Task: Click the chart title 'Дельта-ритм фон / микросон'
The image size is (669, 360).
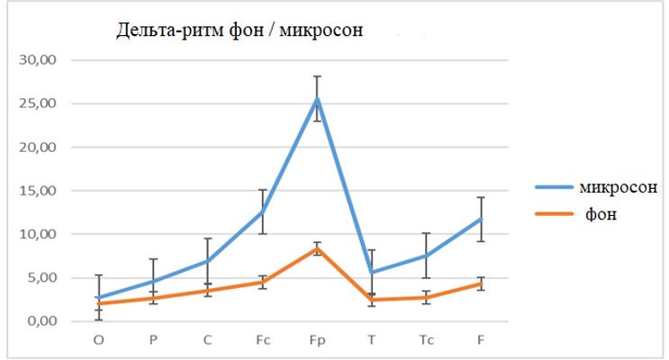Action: (239, 31)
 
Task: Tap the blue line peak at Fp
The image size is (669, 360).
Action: (317, 98)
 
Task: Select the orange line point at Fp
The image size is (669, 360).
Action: (317, 247)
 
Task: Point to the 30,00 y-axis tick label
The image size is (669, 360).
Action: (39, 60)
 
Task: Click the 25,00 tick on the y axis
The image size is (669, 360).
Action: (39, 103)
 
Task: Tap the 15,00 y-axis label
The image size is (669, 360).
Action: (39, 191)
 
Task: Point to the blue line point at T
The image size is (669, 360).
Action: (371, 272)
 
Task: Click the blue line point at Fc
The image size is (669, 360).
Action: (262, 212)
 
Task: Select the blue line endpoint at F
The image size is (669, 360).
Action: (481, 219)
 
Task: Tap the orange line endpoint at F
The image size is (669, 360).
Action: (481, 283)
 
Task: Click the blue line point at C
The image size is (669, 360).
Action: (207, 261)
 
